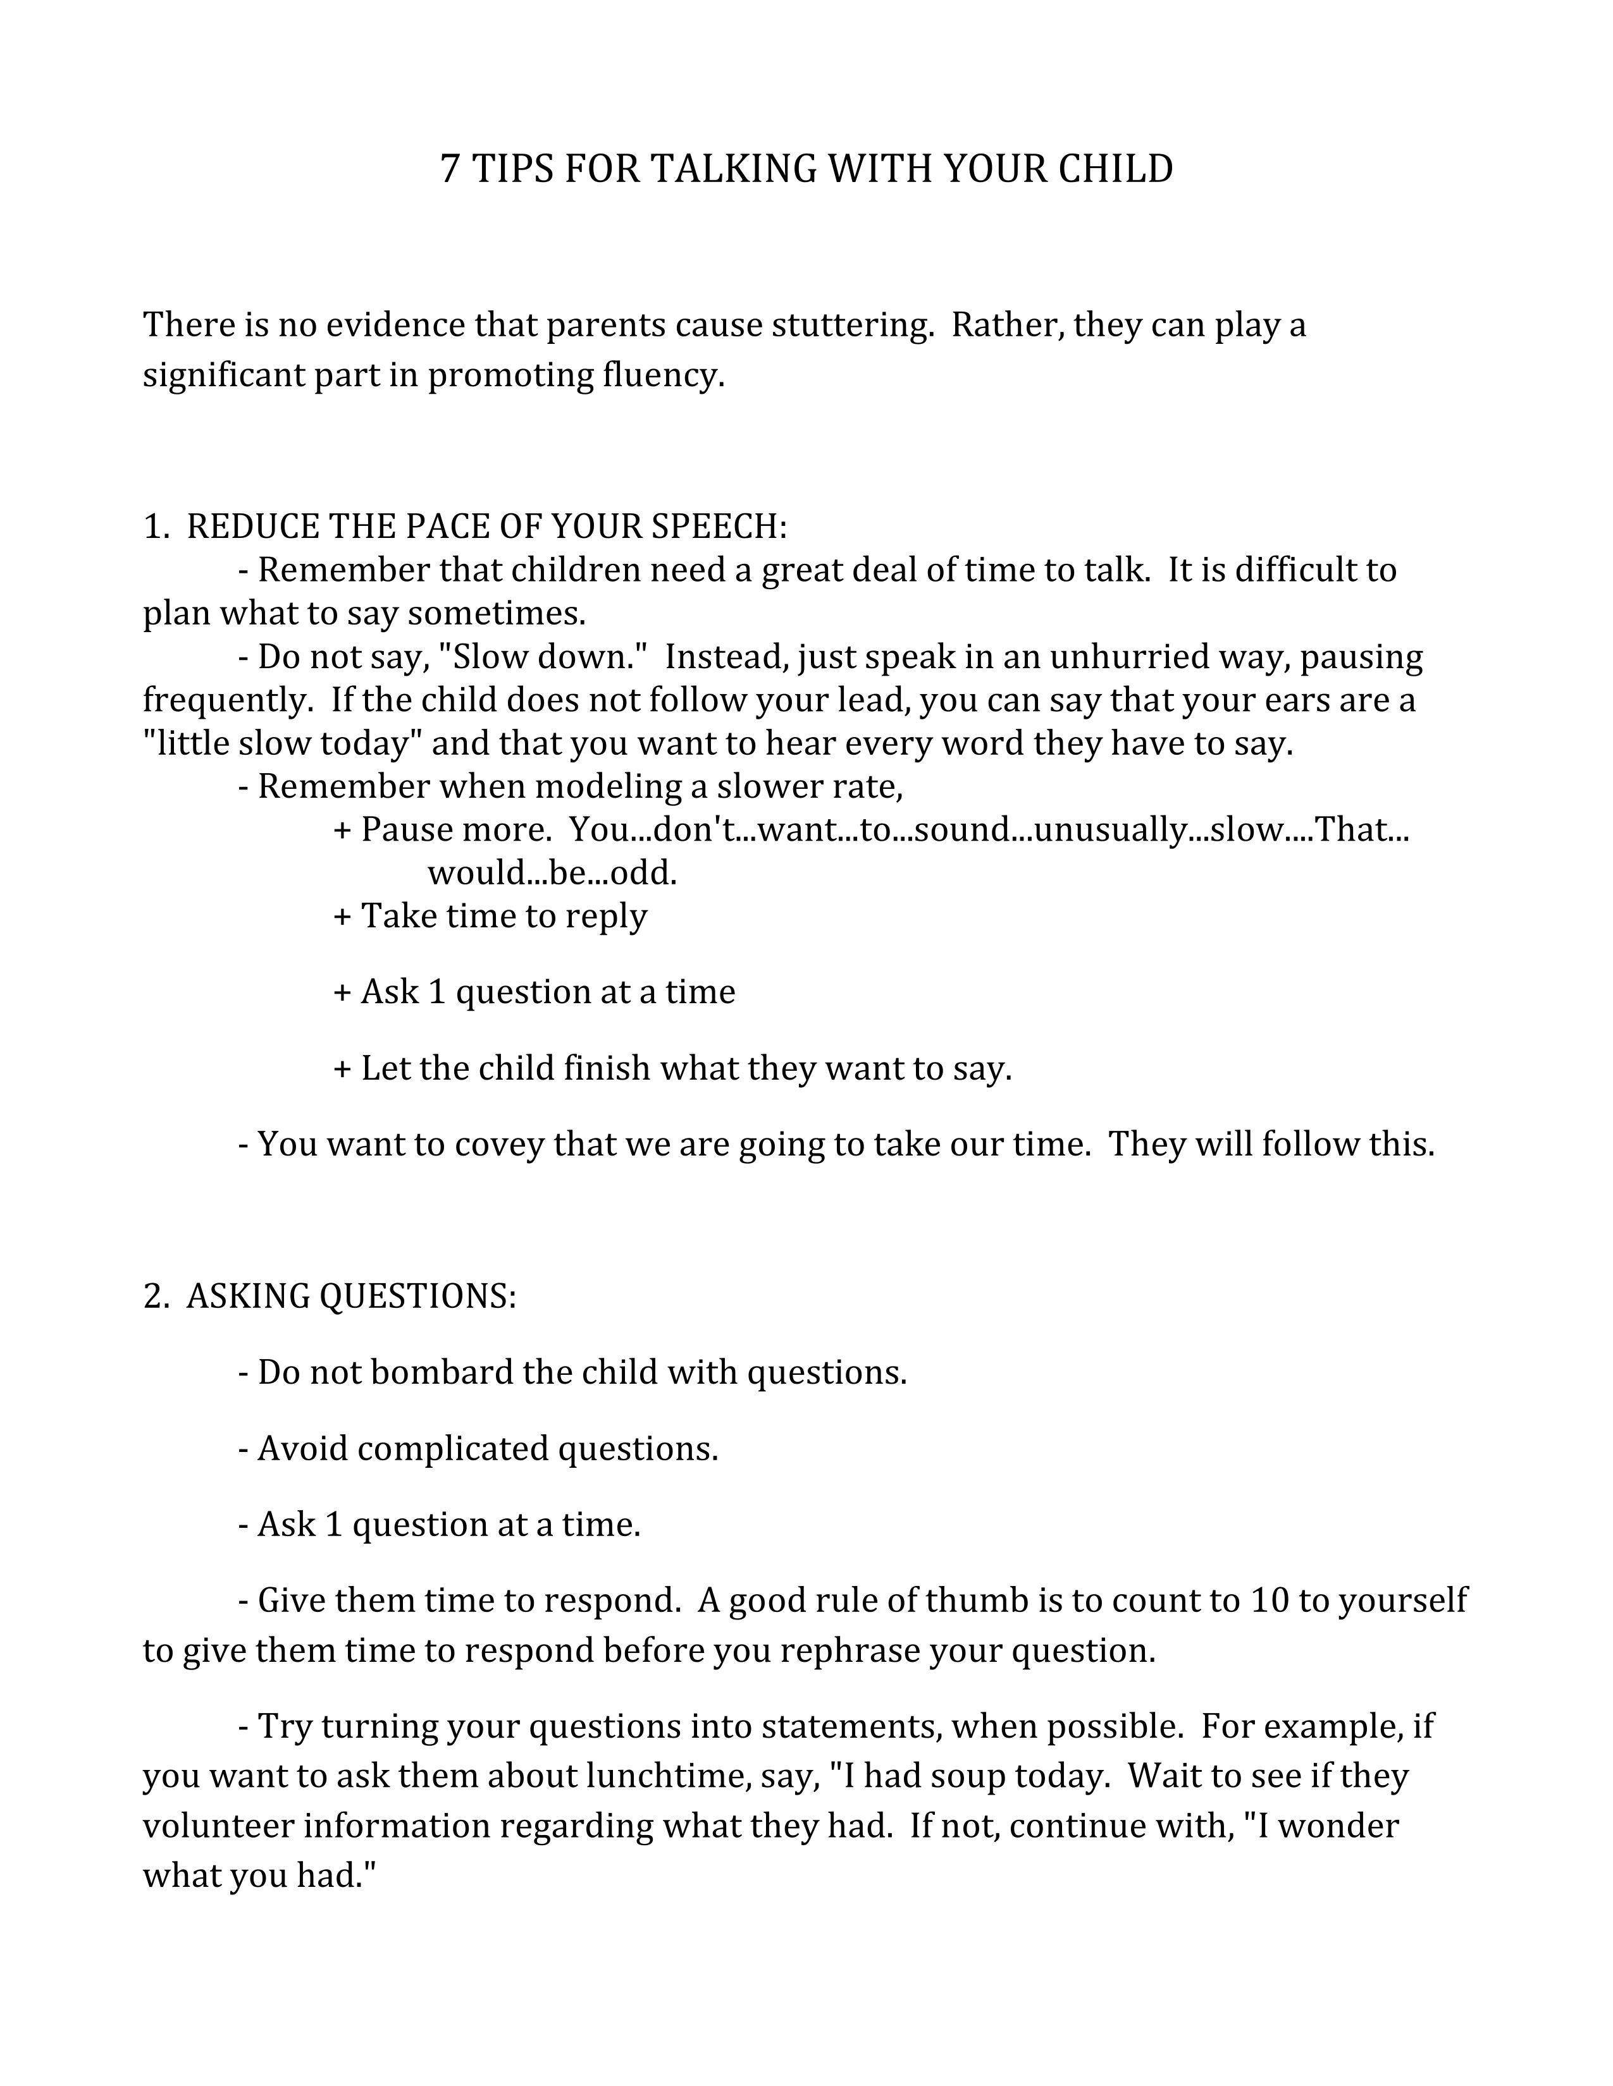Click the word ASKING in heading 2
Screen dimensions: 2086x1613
(247, 1296)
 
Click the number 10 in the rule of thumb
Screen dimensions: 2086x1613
(1268, 1600)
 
